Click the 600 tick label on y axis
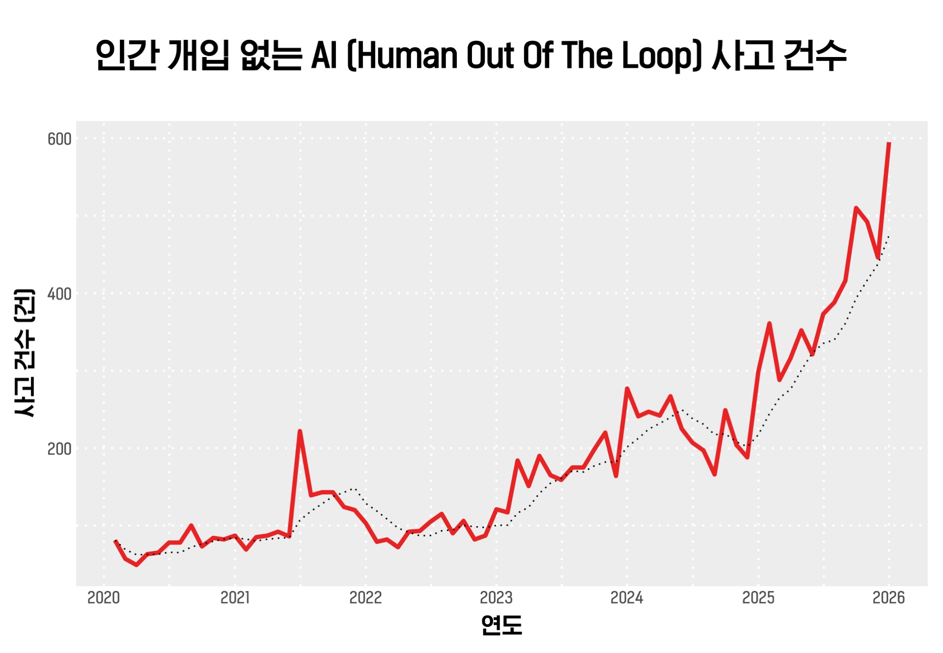59,139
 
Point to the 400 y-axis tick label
59,294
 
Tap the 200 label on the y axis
59,449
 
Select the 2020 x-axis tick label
104,597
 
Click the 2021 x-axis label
235,597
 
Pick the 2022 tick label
365,597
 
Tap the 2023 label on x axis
496,597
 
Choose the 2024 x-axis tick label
627,597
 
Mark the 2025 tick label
758,597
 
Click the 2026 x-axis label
888,597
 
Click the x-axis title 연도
501,625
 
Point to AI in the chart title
325,55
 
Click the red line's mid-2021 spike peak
300,431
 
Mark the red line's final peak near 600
889,143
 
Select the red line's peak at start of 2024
627,389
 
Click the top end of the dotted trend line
889,237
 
